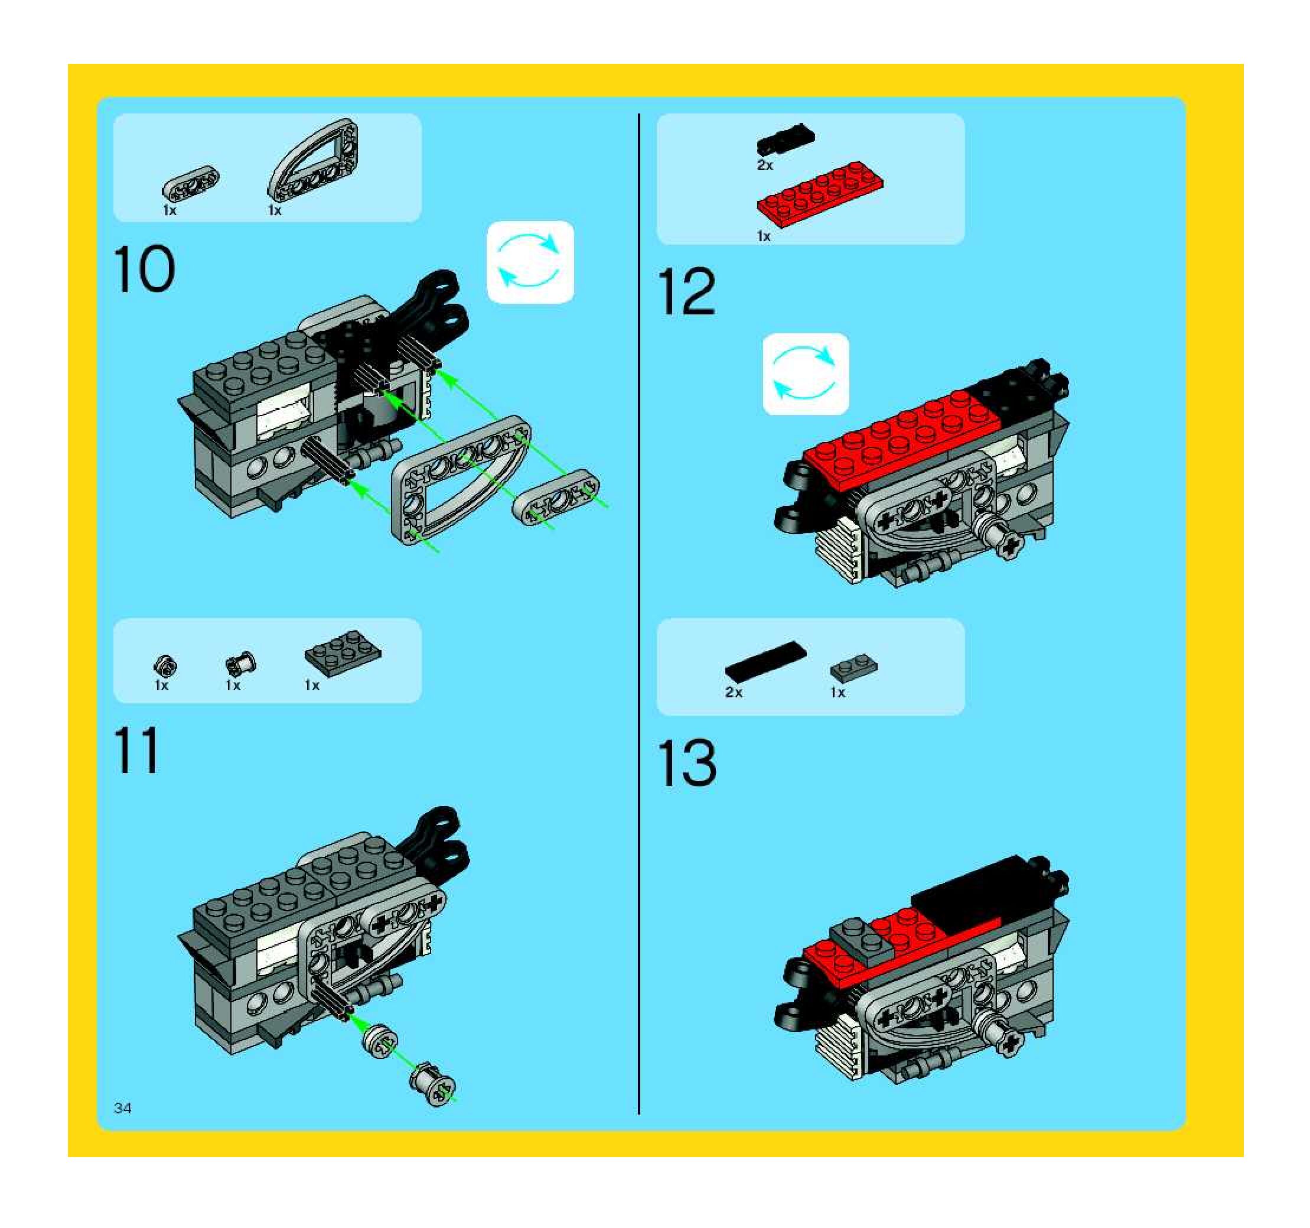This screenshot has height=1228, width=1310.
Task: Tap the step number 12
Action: point(687,291)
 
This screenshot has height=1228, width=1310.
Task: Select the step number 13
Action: point(687,763)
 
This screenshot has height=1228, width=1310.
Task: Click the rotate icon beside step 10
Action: point(530,262)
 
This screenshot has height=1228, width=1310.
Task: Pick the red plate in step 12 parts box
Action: point(820,191)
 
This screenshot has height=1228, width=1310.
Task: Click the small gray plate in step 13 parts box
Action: point(853,668)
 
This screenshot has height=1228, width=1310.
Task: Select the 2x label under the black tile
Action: point(734,692)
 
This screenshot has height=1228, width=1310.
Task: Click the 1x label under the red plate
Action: point(764,236)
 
